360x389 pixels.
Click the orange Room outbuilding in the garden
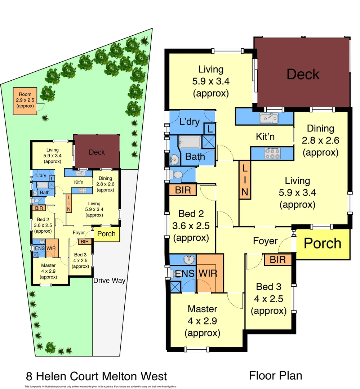point(25,101)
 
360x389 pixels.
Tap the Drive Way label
point(109,281)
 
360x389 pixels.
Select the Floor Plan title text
point(275,376)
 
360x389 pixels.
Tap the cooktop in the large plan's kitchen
point(272,153)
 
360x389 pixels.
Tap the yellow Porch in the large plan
point(323,244)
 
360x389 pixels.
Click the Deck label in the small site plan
point(97,152)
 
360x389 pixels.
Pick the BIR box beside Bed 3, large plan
point(277,260)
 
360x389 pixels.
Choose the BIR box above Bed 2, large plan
point(183,189)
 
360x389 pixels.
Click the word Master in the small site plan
point(48,266)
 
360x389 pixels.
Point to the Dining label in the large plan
point(320,129)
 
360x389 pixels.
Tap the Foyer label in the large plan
point(265,241)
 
